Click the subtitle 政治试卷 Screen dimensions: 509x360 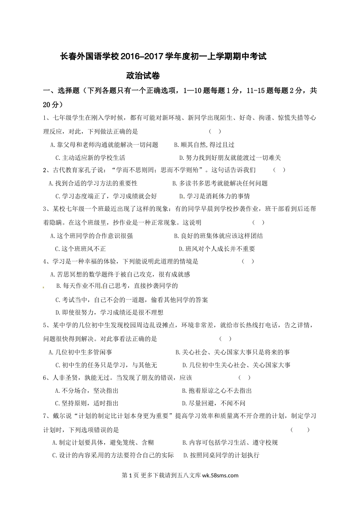[143, 76]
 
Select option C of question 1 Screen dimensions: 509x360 [90, 158]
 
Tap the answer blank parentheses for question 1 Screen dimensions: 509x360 [215, 131]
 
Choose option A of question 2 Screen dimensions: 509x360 [93, 183]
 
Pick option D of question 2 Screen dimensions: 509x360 [214, 196]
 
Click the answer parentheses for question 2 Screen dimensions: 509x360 [279, 170]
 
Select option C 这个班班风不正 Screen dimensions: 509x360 [80, 249]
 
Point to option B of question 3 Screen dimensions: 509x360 [218, 236]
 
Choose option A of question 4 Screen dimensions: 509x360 [120, 274]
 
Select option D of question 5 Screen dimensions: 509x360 [236, 365]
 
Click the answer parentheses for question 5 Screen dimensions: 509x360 [225, 339]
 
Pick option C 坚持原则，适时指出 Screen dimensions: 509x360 [87, 403]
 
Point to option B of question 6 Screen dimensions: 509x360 [217, 390]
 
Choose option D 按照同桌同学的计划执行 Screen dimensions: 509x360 [221, 455]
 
